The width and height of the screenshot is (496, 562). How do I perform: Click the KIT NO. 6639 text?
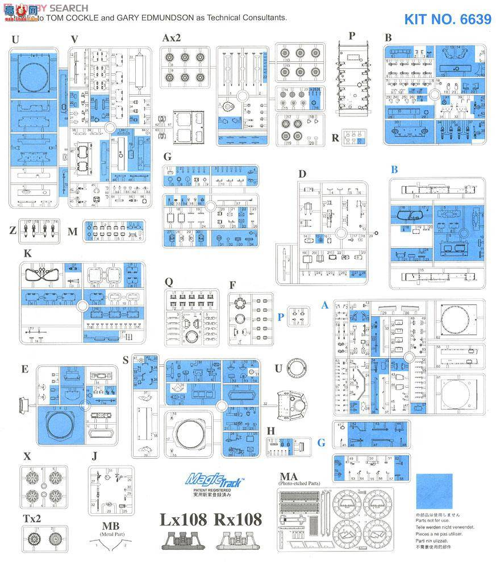[448, 19]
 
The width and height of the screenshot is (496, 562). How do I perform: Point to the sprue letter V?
[74, 39]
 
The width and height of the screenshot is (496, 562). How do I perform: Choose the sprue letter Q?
[168, 281]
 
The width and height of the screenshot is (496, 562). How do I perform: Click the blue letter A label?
[326, 305]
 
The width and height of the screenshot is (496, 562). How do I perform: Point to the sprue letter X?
[27, 456]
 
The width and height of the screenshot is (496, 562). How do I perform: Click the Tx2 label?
[32, 518]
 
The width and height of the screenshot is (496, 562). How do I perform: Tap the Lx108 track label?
[182, 520]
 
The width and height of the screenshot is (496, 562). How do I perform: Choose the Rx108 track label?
[238, 520]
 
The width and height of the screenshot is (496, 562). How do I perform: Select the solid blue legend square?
[434, 492]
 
